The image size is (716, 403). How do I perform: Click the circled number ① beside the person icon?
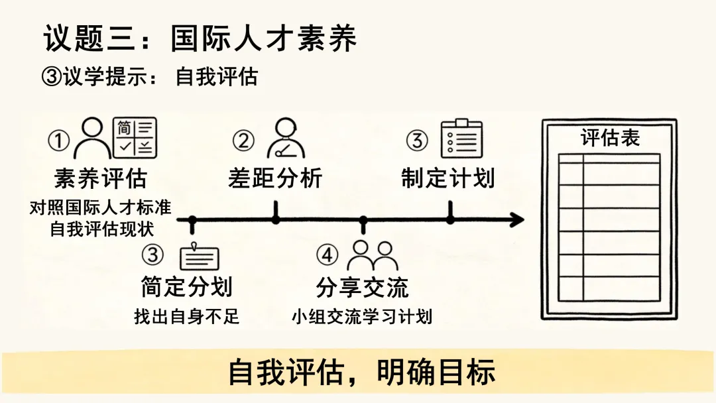click(x=60, y=141)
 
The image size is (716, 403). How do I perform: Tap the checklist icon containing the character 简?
click(x=135, y=138)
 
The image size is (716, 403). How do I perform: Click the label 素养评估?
click(x=100, y=178)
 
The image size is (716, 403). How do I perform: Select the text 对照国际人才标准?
click(x=100, y=207)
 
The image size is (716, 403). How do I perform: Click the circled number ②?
click(x=243, y=141)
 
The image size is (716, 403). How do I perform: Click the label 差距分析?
click(x=275, y=178)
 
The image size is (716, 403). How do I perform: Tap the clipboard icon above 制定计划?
click(x=461, y=139)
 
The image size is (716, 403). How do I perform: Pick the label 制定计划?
click(x=447, y=178)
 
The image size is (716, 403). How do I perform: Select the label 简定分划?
click(x=186, y=287)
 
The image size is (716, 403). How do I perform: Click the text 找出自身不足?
click(x=186, y=316)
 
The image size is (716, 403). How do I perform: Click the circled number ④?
click(x=327, y=255)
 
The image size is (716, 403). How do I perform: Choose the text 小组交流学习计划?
click(x=362, y=316)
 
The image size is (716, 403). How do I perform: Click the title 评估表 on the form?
click(x=610, y=138)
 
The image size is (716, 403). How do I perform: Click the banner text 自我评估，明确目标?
click(x=362, y=373)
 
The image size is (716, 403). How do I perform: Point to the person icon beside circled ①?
click(x=91, y=138)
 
